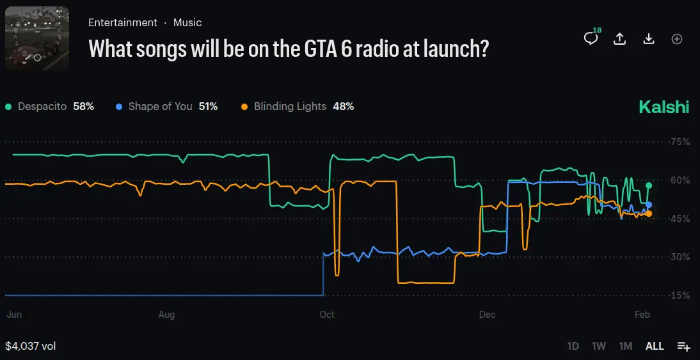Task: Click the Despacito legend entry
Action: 49,107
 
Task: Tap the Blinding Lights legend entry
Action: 298,107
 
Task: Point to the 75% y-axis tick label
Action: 680,142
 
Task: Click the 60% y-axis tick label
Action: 680,180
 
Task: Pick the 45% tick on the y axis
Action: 680,219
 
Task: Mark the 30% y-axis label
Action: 680,257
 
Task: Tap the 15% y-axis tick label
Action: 680,295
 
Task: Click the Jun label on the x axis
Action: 13,315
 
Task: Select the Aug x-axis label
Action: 166,315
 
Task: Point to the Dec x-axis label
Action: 487,315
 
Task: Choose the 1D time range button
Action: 573,346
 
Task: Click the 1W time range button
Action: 599,346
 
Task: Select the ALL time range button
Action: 655,346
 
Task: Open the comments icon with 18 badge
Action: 591,38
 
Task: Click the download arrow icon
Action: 649,38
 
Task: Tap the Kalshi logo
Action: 664,107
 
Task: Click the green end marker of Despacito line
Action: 649,185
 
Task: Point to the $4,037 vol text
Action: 31,346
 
